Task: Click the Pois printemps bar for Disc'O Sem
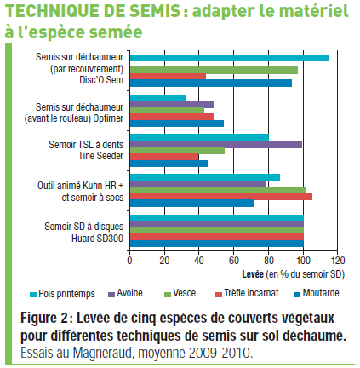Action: (x=230, y=58)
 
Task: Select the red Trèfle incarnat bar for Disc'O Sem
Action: (x=168, y=77)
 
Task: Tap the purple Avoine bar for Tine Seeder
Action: (x=216, y=145)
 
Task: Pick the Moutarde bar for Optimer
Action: (x=177, y=124)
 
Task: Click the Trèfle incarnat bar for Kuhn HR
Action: (x=221, y=197)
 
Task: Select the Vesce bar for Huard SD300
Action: (x=217, y=231)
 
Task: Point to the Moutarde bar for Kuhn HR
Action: (x=192, y=204)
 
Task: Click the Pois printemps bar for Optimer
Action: (x=157, y=98)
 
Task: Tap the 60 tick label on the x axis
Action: (x=234, y=261)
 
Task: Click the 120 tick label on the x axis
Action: (x=338, y=261)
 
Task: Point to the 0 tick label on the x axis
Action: (x=129, y=261)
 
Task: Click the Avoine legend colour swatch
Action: (x=111, y=295)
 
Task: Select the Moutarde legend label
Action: (x=321, y=293)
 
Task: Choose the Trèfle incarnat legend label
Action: (x=251, y=293)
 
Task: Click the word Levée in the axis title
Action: (x=253, y=274)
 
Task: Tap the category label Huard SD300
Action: (x=97, y=239)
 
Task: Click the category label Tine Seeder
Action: (x=100, y=156)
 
